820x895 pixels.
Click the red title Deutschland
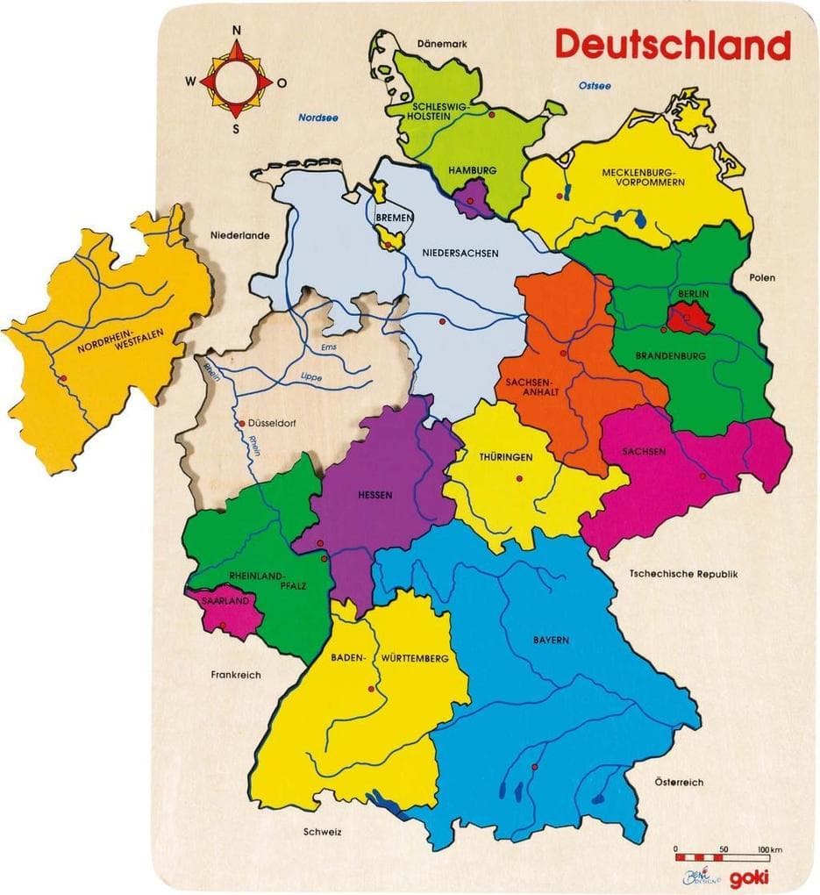(673, 44)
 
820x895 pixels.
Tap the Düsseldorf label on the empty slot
(273, 423)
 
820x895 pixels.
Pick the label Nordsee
(318, 117)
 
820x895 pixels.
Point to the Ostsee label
(595, 85)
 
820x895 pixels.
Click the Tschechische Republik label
(684, 574)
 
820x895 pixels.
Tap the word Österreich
(679, 782)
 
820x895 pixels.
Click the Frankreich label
(236, 675)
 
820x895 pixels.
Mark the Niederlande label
(239, 235)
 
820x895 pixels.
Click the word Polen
(763, 277)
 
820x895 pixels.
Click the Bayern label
(551, 640)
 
